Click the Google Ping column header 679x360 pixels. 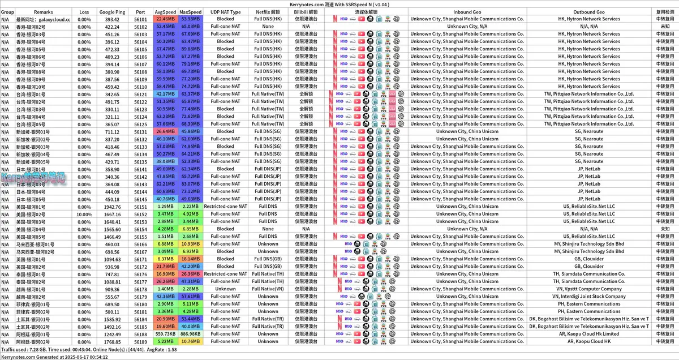[112, 11]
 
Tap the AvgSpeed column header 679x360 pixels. [165, 11]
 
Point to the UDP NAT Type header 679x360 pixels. [225, 11]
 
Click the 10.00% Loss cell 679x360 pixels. [84, 214]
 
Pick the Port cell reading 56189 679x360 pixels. [140, 341]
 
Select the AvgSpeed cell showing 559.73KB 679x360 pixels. [165, 334]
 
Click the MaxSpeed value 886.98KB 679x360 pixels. [191, 334]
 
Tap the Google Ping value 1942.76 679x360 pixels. [112, 207]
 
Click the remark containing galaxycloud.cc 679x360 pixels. [44, 19]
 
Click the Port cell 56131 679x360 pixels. [140, 131]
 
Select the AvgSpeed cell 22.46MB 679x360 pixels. [165, 19]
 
